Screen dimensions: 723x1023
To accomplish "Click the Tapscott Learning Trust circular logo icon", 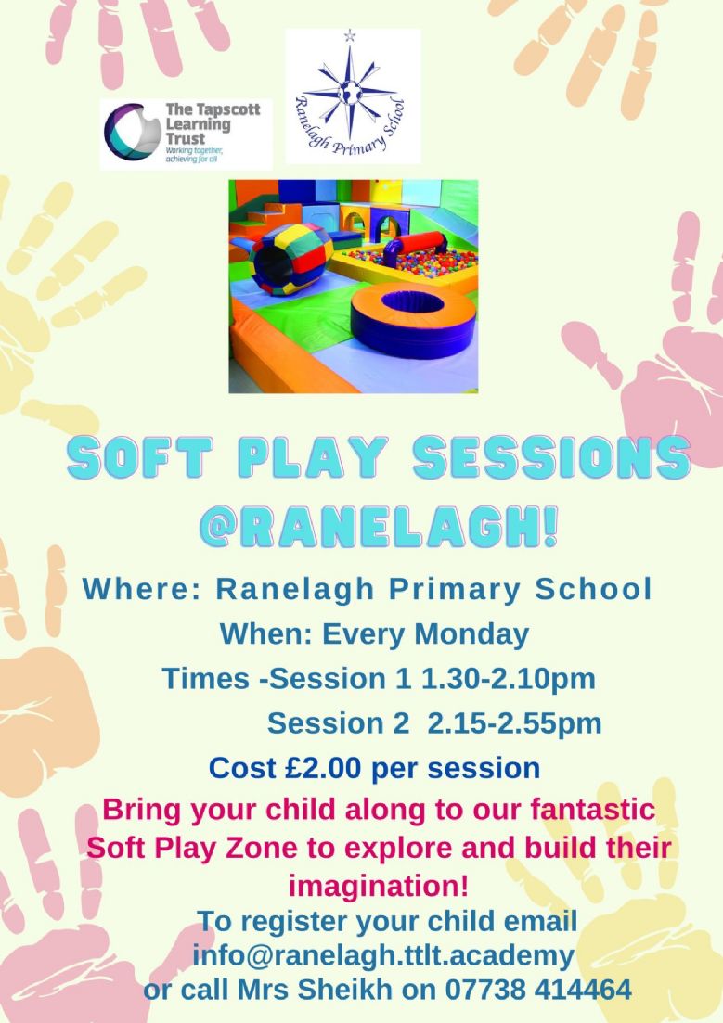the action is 132,132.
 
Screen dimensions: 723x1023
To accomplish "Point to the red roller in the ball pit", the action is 416,248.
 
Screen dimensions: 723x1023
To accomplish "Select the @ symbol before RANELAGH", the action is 222,524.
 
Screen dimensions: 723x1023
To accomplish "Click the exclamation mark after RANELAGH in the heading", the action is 550,523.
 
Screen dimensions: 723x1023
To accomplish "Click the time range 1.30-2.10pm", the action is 508,679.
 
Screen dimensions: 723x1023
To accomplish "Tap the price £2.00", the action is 323,768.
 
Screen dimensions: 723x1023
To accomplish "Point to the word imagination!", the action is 379,886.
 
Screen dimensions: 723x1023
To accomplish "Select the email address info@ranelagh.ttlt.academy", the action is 383,956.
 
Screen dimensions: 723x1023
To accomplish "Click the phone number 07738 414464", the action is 539,990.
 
